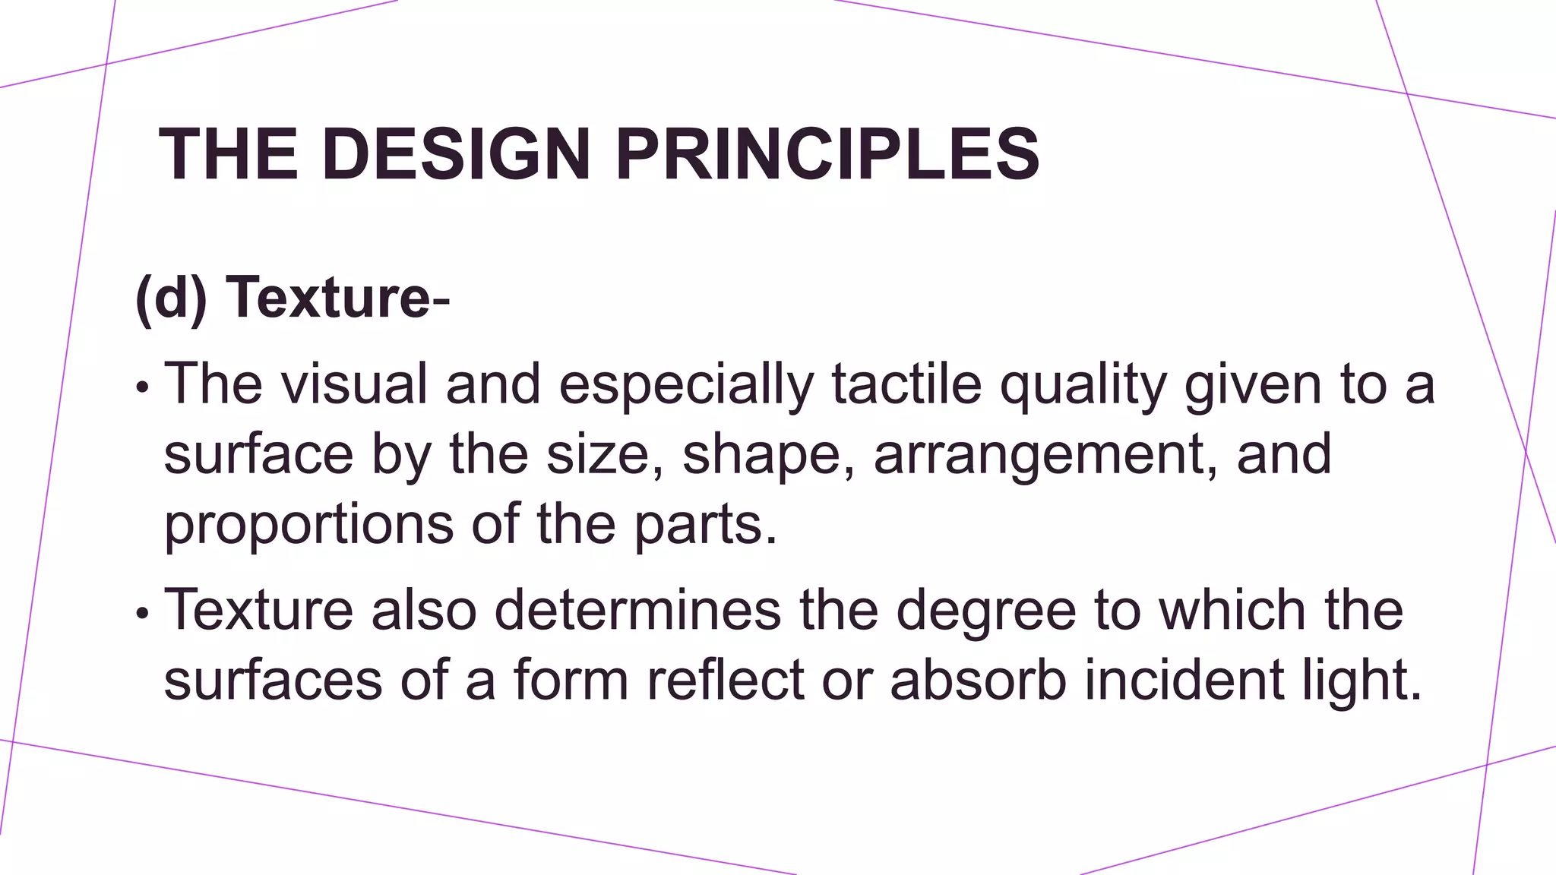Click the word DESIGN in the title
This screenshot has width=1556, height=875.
(x=456, y=154)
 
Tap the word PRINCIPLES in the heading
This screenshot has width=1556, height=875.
(x=827, y=154)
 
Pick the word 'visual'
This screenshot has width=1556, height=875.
(x=354, y=384)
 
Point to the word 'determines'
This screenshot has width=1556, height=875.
(x=637, y=609)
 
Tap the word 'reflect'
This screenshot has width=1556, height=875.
(x=725, y=679)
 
